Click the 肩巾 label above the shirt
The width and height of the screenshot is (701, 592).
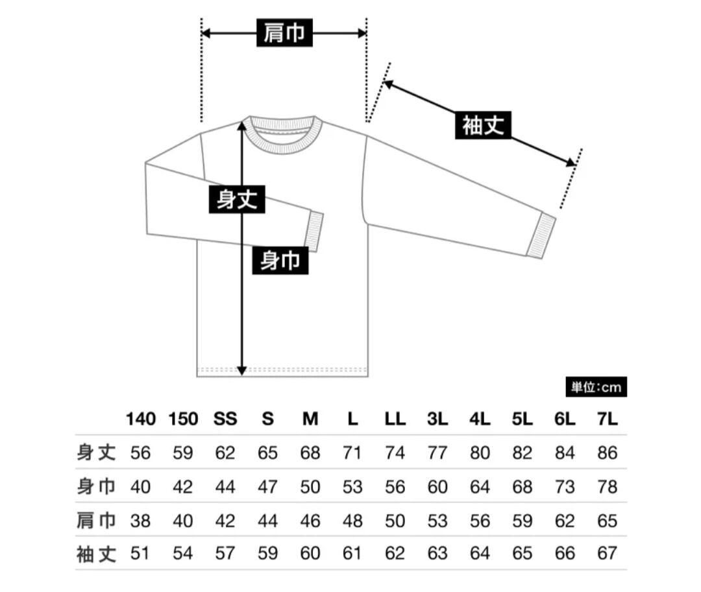[285, 33]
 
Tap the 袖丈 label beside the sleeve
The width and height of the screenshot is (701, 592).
[483, 126]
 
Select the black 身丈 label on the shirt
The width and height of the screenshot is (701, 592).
[237, 199]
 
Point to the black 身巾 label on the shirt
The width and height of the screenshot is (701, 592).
[280, 261]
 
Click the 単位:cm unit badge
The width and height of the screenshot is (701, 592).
[596, 388]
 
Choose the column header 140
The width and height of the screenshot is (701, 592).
[141, 419]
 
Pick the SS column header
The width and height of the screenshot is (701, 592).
[225, 419]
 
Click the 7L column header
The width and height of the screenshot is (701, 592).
[607, 419]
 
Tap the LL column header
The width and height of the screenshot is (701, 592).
[395, 419]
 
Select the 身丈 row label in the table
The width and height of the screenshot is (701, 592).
[96, 452]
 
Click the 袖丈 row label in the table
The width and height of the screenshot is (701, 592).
[96, 553]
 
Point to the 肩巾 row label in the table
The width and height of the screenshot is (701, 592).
[96, 520]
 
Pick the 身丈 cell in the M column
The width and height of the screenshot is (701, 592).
[310, 453]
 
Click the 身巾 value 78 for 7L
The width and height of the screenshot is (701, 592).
[607, 486]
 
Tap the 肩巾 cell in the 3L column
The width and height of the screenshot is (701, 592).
[437, 520]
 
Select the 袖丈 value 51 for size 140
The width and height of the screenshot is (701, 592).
[141, 554]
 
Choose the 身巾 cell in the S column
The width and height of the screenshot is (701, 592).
[267, 486]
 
